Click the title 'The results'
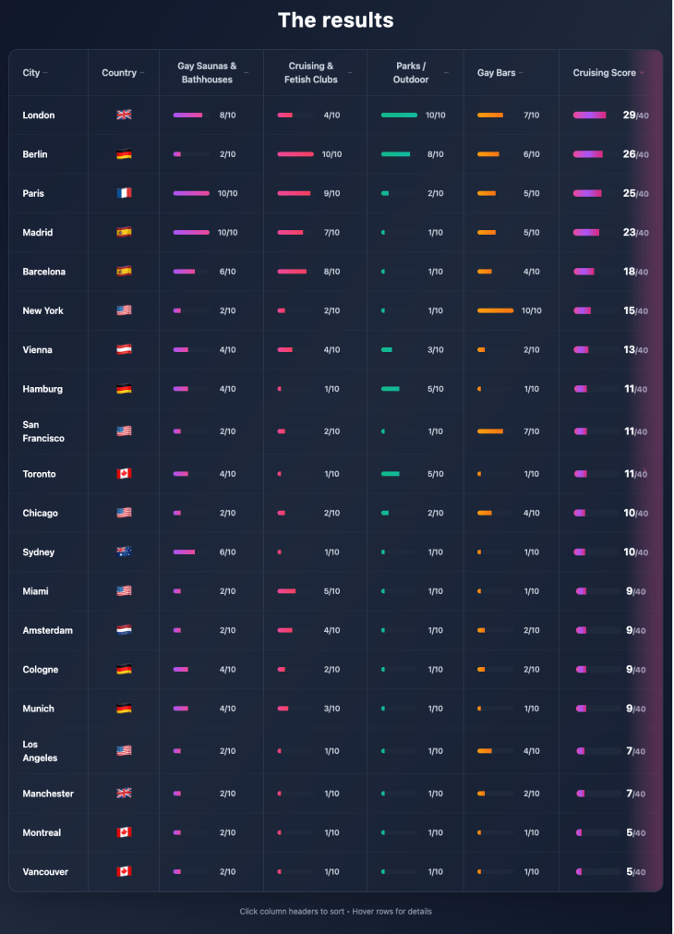[336, 20]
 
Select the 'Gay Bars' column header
[497, 73]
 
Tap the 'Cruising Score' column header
[604, 73]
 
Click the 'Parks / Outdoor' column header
[412, 73]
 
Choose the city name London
[39, 115]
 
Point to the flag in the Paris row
[124, 193]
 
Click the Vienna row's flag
[124, 350]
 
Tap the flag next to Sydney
[124, 552]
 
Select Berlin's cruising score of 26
[630, 154]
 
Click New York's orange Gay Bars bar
[495, 310]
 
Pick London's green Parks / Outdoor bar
[399, 115]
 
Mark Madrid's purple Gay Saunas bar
[191, 233]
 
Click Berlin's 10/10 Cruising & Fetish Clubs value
[331, 154]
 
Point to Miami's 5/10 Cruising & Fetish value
[331, 591]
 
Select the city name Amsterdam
[47, 630]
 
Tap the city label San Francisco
[43, 431]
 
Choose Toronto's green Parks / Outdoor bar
[391, 474]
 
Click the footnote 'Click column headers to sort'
[291, 911]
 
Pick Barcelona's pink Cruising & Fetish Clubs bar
[292, 272]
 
